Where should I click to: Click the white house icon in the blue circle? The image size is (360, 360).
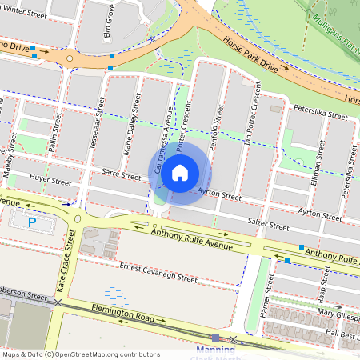point(180,172)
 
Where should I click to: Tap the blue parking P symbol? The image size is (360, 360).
point(33,222)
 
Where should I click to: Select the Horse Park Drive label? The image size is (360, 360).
point(250,55)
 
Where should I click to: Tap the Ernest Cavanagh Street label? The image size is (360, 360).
point(158,273)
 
